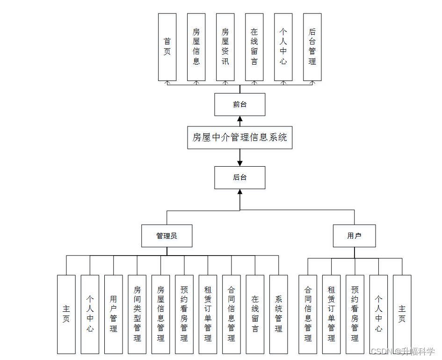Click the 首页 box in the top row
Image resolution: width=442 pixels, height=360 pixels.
tap(167, 47)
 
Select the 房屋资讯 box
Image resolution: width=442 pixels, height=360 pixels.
tap(225, 47)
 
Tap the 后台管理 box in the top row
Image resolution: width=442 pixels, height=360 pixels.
tap(312, 47)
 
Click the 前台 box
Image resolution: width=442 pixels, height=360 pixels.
tap(239, 104)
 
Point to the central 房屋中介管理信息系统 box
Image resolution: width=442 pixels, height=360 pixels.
tap(239, 138)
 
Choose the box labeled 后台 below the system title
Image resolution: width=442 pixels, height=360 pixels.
tap(239, 177)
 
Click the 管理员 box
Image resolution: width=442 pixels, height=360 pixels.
tap(167, 236)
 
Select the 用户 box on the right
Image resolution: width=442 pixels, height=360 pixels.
tap(354, 236)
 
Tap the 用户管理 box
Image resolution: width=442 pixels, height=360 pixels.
tap(113, 314)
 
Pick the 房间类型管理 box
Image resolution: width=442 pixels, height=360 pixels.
tap(137, 314)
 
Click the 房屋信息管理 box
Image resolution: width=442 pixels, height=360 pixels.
tap(160, 314)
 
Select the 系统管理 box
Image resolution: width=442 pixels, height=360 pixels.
tap(278, 314)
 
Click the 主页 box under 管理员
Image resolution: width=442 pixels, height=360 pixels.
tap(66, 314)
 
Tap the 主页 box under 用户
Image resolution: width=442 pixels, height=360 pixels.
tap(402, 314)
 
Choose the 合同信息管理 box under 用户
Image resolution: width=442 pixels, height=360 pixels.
tap(307, 314)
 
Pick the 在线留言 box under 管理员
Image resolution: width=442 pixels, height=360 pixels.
tap(255, 314)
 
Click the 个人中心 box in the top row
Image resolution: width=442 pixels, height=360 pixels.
tap(283, 47)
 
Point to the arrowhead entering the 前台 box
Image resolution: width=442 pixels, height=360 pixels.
tap(240, 119)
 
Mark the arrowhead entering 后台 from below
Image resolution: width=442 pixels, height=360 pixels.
tap(240, 192)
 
